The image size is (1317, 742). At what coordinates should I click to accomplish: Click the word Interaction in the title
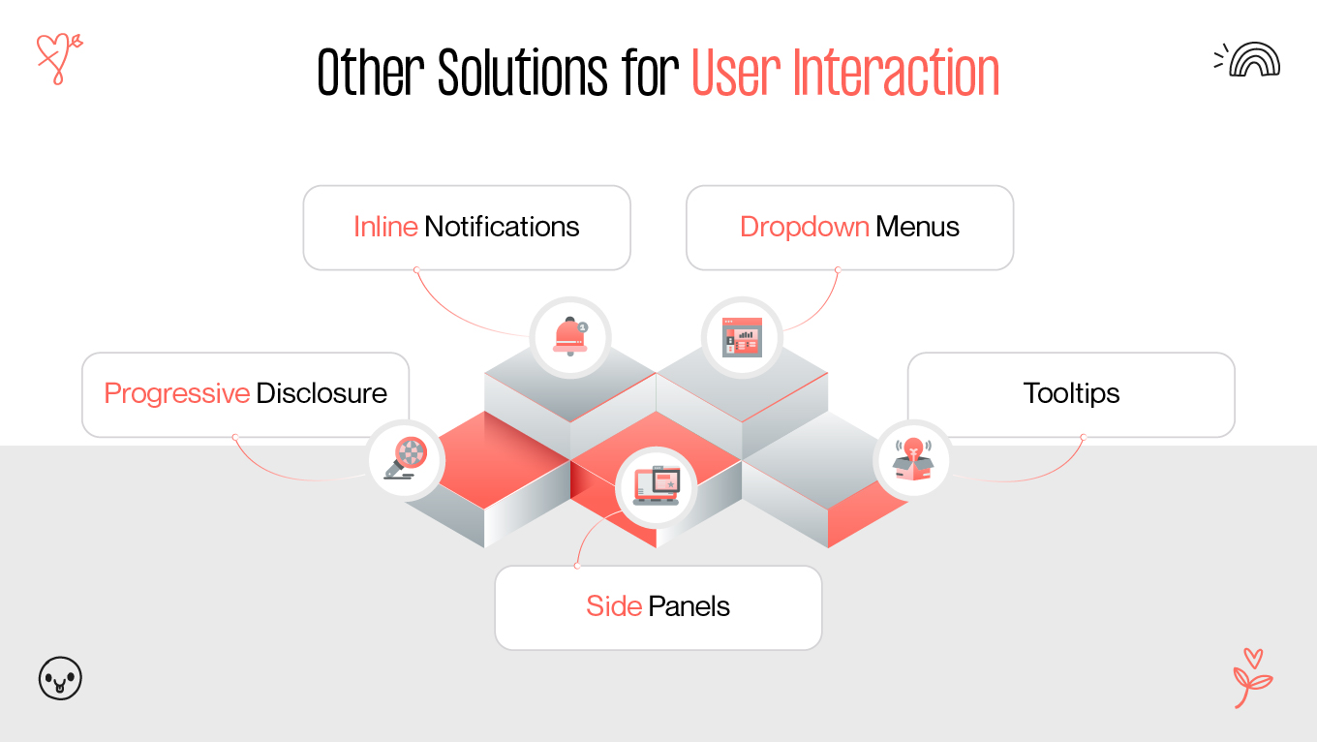click(x=896, y=73)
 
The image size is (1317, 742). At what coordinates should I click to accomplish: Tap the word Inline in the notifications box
click(x=385, y=227)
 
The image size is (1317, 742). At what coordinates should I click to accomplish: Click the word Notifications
click(x=502, y=227)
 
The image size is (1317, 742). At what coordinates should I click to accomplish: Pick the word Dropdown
click(x=804, y=227)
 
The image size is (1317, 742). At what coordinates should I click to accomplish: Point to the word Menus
click(x=917, y=227)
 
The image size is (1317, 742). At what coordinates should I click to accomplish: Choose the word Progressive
click(x=177, y=393)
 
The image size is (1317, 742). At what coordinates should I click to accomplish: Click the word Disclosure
click(x=322, y=393)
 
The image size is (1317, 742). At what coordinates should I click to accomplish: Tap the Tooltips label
click(x=1071, y=393)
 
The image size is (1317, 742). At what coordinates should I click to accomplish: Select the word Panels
click(x=689, y=606)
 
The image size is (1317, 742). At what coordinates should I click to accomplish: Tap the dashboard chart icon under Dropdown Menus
click(x=742, y=337)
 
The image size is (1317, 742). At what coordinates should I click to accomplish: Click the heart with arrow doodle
click(x=57, y=57)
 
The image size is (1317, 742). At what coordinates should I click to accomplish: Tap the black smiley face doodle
click(x=60, y=678)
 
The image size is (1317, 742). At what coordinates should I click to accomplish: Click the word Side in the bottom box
click(x=614, y=606)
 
